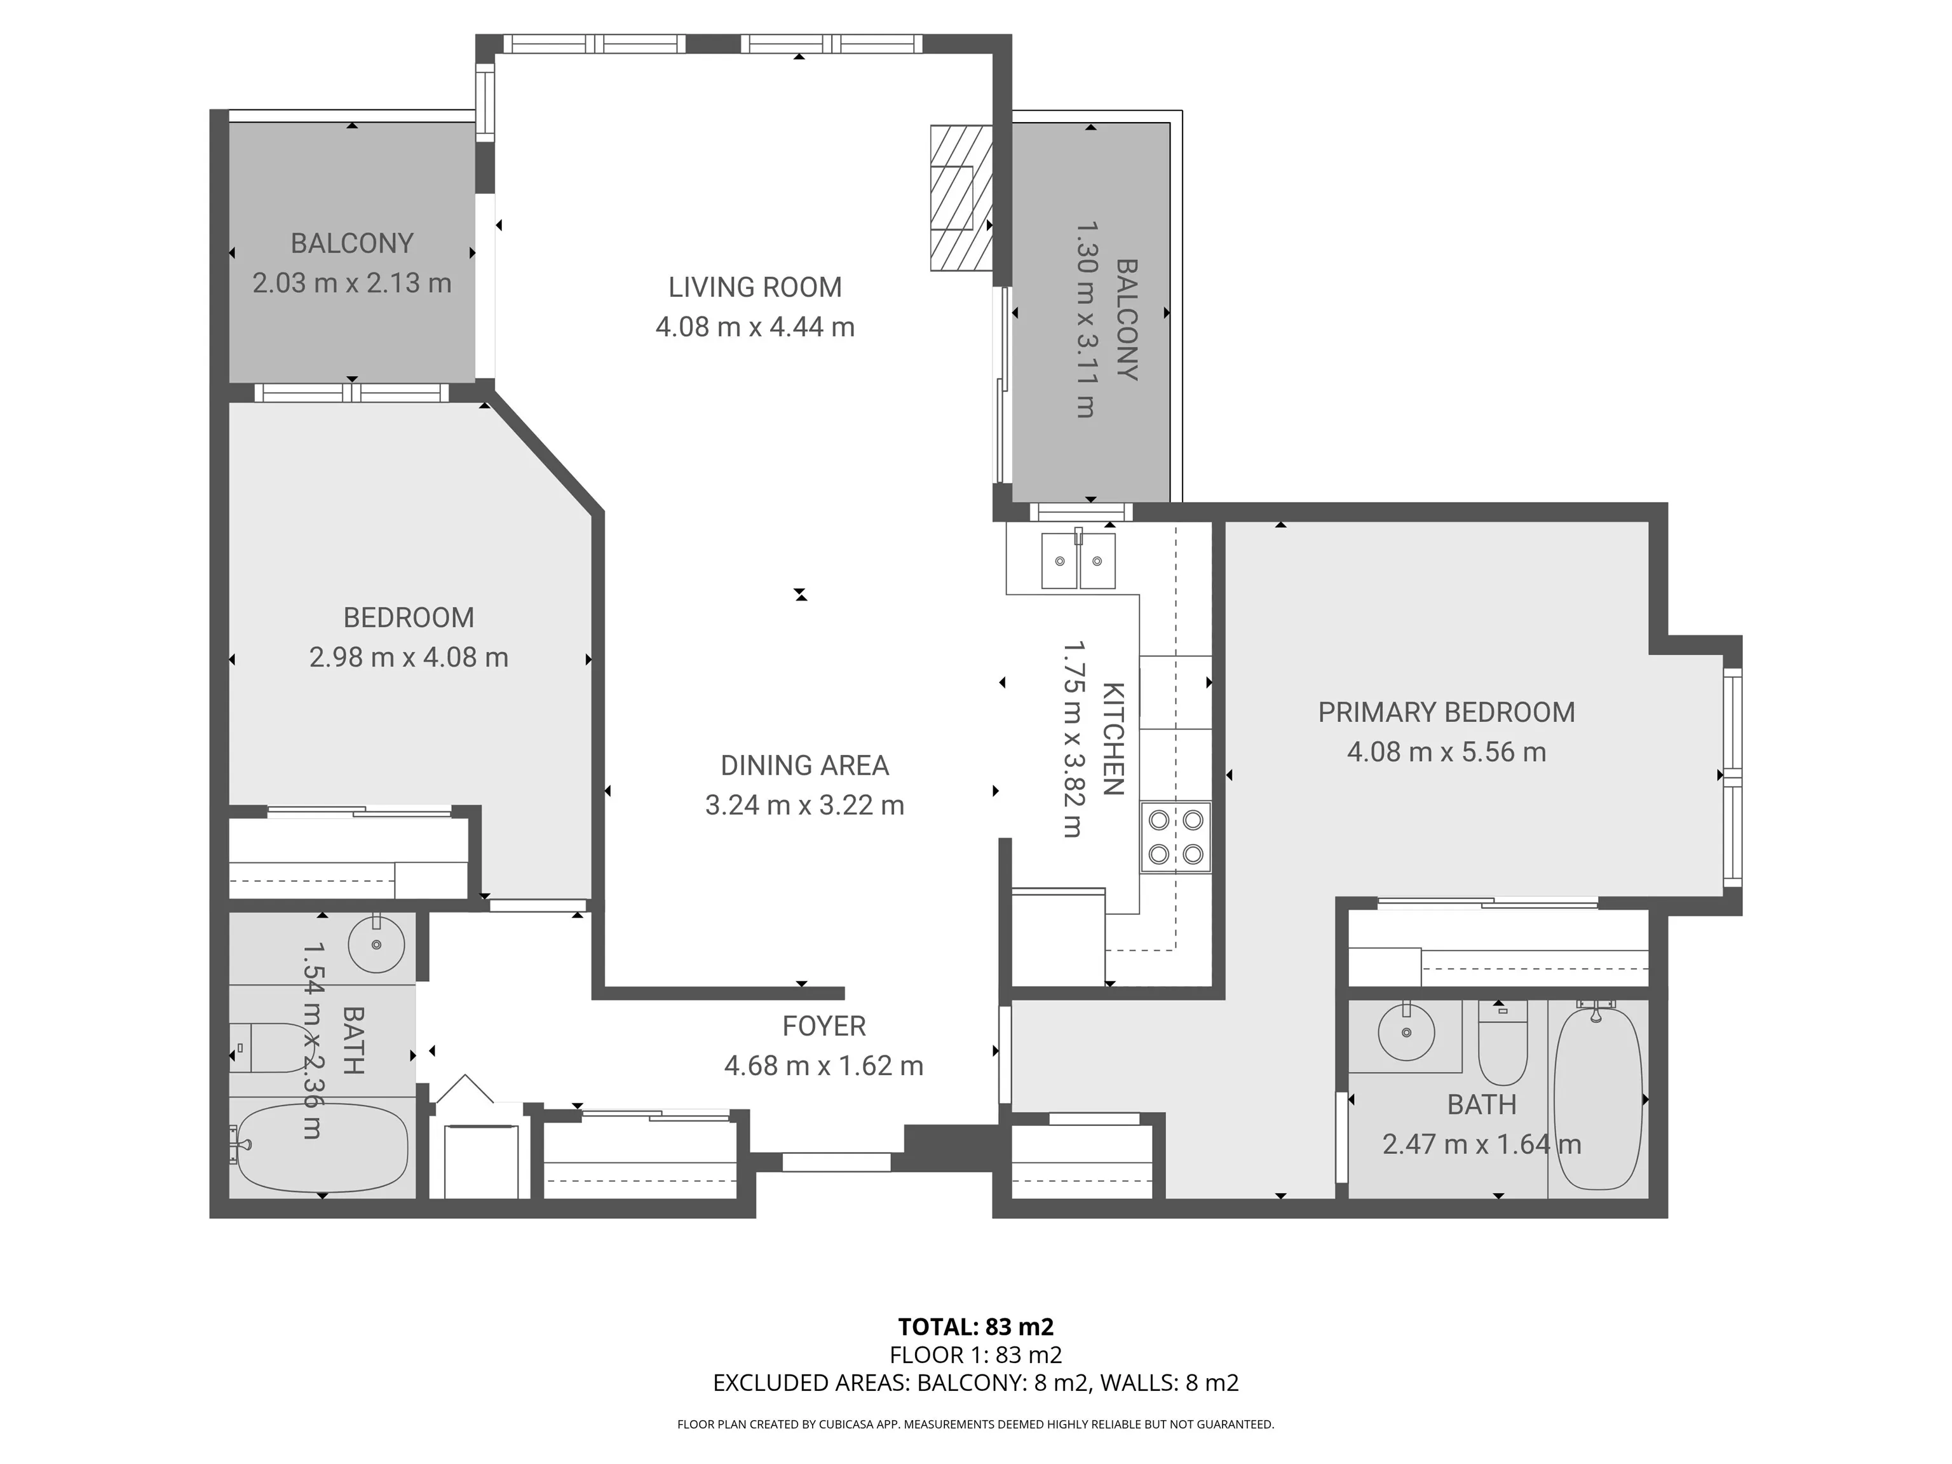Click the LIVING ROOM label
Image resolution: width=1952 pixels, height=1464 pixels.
tap(754, 287)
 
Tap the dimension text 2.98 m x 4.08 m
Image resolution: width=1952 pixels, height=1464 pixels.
tap(409, 658)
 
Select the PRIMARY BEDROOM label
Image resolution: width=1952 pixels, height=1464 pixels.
tap(1446, 712)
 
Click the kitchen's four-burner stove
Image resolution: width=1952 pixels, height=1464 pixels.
tap(1176, 837)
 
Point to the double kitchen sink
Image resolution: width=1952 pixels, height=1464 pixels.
tap(1078, 560)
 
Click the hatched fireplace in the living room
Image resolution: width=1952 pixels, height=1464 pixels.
tap(960, 198)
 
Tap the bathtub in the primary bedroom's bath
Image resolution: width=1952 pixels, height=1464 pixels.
tap(1597, 1099)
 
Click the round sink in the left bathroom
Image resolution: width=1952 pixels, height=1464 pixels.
tap(377, 944)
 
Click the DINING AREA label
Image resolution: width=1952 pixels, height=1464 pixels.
tap(804, 765)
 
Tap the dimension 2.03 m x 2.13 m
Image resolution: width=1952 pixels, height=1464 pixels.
tap(351, 283)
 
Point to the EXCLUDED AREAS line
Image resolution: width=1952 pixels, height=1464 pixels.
tap(975, 1383)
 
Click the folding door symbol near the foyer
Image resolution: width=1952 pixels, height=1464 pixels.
tap(465, 1089)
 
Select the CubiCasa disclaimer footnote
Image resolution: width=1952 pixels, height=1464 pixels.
tap(975, 1425)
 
